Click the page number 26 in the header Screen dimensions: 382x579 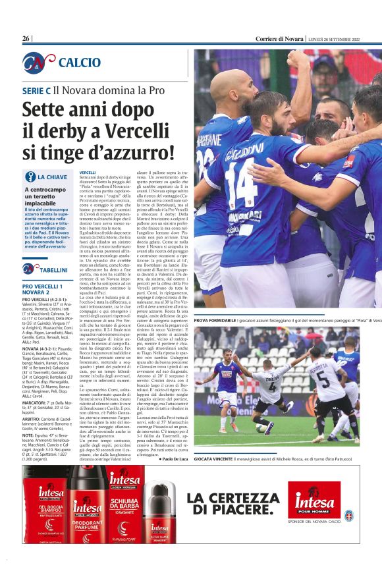tap(26, 39)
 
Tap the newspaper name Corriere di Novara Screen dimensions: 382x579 tap(279, 39)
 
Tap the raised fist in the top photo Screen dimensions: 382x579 tap(298, 60)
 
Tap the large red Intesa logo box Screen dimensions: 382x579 tap(314, 500)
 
